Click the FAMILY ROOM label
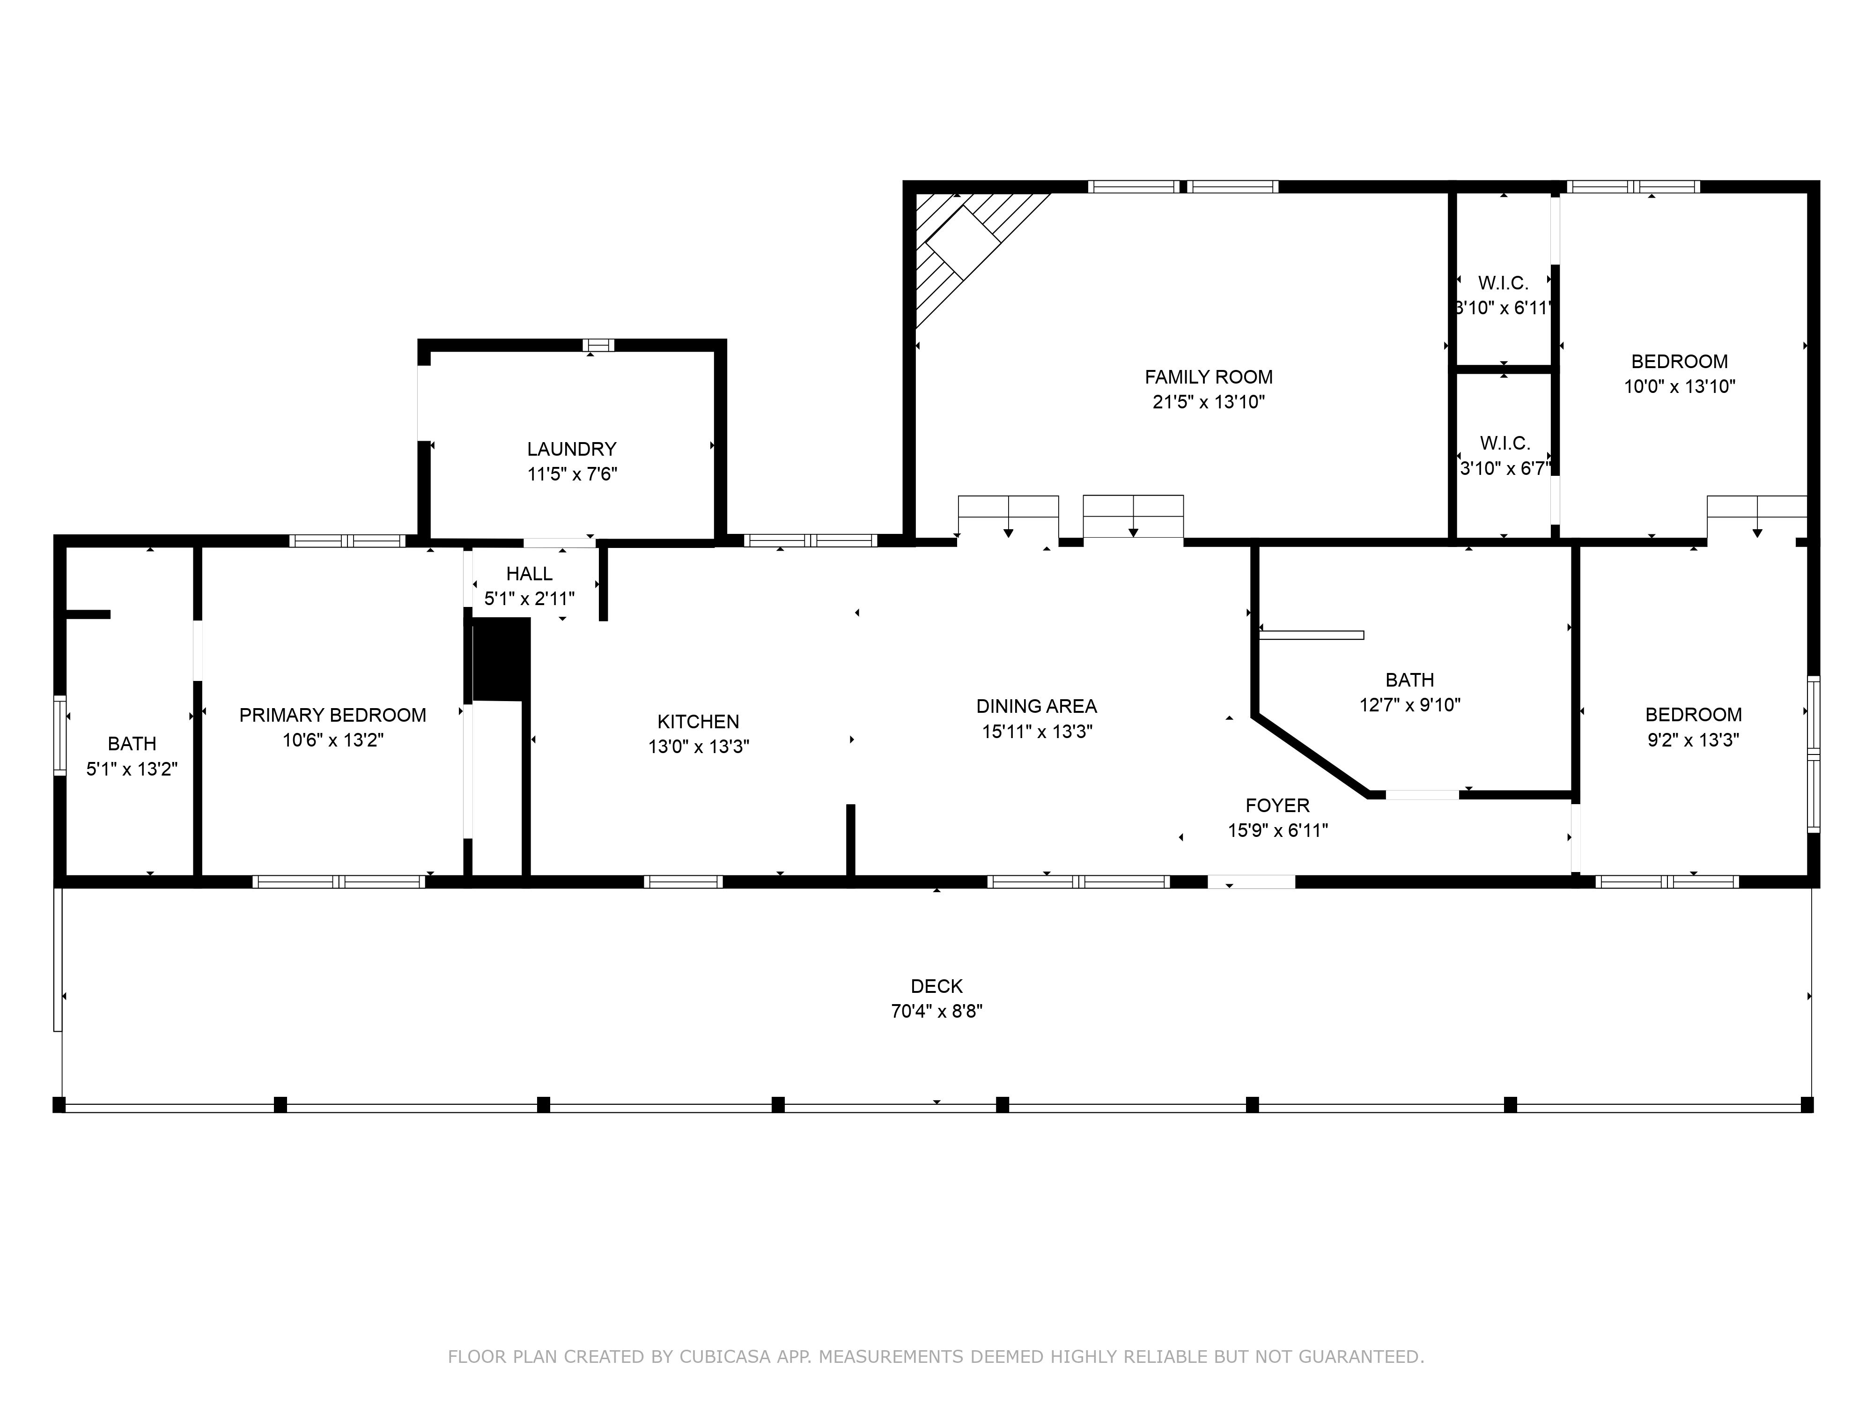coord(1208,377)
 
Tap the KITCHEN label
coord(698,722)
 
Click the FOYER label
coord(1277,806)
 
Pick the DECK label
coord(936,986)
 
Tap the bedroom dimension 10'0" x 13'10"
coord(1679,387)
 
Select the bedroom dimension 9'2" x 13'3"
coord(1693,740)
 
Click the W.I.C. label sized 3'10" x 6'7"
coord(1504,443)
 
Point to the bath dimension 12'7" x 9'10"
coord(1410,705)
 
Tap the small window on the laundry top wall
coord(598,345)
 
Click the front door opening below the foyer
coord(1251,881)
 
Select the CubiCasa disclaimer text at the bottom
coord(936,1357)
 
